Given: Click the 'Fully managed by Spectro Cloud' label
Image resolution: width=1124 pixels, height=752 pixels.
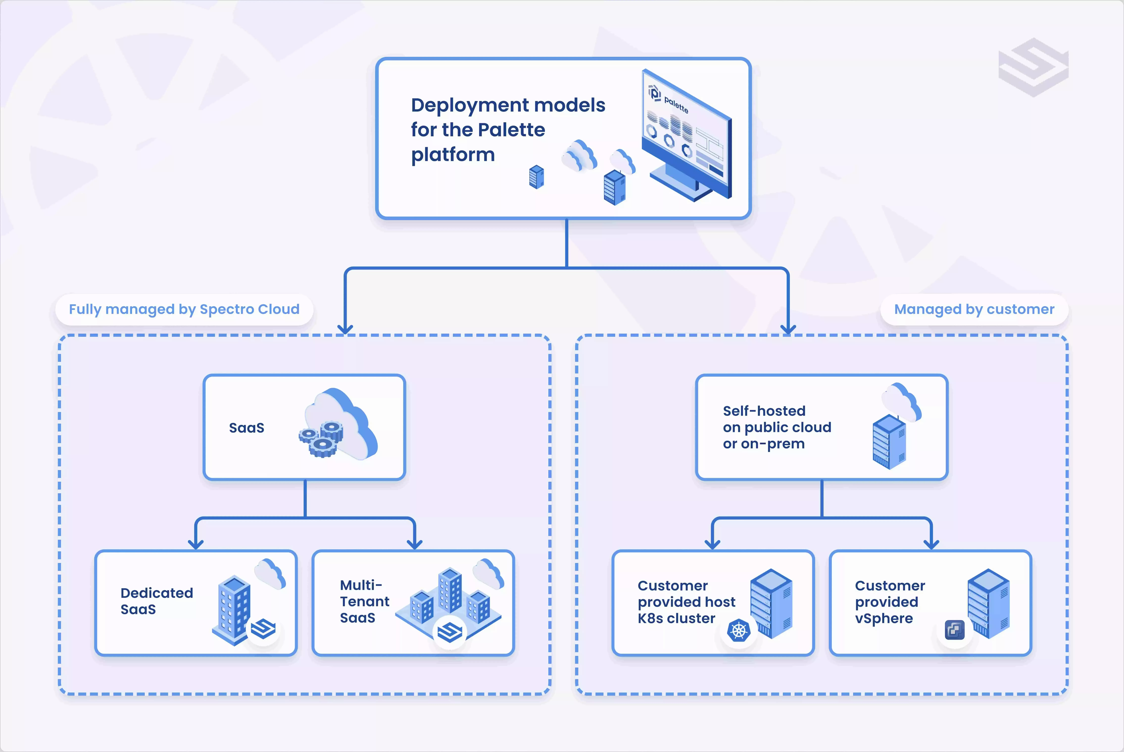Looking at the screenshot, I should pos(184,309).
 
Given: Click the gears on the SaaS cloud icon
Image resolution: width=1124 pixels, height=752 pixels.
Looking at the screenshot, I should pos(321,439).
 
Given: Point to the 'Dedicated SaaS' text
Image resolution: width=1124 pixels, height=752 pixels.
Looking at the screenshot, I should pos(156,601).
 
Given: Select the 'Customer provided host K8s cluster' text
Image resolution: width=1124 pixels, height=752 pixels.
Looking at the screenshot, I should pos(686,602).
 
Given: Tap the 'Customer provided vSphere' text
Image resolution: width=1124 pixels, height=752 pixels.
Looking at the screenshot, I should pos(889,602).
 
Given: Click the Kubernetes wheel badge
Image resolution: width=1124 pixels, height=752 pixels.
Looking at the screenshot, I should pos(738,631).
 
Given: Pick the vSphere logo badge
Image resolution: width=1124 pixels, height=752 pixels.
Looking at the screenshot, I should pos(954,630).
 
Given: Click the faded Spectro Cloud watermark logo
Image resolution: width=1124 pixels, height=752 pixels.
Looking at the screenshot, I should pos(1033,67).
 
